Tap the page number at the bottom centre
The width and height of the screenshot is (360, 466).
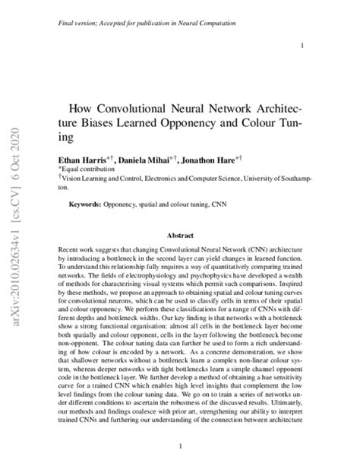click(x=180, y=447)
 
